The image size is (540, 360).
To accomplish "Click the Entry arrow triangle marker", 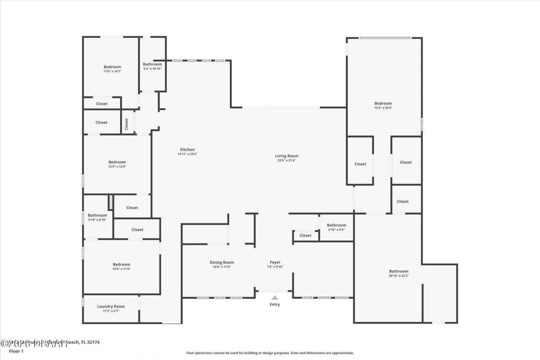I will point(275,298).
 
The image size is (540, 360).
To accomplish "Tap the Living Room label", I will point(286,156).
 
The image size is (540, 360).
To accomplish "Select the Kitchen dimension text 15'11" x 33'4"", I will point(187,154).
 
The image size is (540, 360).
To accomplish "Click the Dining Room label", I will point(221,263).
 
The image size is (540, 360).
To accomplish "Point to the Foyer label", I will point(275,263).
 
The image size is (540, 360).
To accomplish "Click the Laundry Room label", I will point(111,306).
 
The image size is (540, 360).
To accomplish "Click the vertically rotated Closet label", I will point(126,124).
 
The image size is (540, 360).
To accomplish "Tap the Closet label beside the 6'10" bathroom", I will point(305,235).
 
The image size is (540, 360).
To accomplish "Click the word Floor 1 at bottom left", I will point(16,351).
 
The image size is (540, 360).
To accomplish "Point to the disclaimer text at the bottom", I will point(270,353).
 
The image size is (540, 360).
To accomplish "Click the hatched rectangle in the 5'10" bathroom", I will point(111,202).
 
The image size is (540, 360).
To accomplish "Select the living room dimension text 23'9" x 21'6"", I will point(286,160).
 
